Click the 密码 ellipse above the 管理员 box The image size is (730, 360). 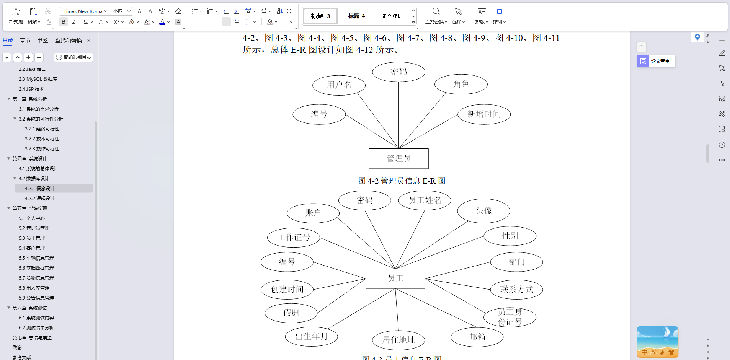click(398, 72)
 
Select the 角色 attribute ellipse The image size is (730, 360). click(461, 84)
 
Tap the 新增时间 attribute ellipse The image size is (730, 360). click(484, 114)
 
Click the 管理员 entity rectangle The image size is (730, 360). click(398, 158)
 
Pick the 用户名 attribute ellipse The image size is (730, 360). click(339, 85)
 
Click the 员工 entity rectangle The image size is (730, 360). click(395, 279)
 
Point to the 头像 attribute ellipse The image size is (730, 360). click(483, 211)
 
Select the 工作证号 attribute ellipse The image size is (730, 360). click(293, 237)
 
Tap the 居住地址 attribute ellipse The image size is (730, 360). click(398, 340)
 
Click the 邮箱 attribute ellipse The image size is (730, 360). click(477, 337)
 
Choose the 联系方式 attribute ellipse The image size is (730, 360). click(516, 290)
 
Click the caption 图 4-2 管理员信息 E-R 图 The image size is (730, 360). click(402, 181)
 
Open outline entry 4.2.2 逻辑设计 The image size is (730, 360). click(39, 198)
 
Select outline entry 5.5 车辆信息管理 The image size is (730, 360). click(36, 258)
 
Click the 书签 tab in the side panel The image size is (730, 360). click(43, 41)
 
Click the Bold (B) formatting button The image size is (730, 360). click(64, 22)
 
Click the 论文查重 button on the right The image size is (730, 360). click(656, 61)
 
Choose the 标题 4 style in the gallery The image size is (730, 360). click(356, 16)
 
